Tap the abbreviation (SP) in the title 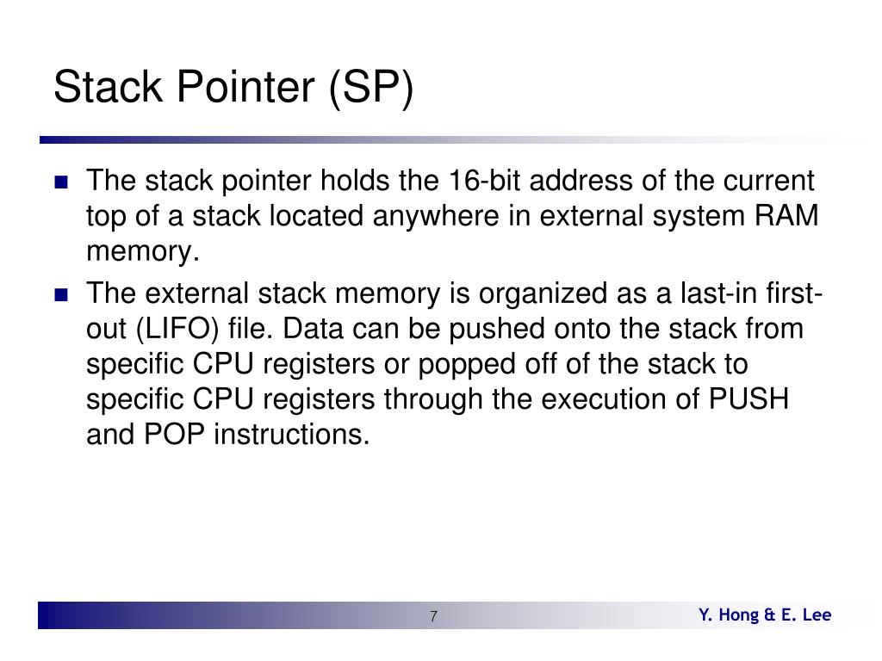tap(370, 89)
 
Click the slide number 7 tap(433, 616)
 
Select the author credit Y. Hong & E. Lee tap(765, 615)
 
